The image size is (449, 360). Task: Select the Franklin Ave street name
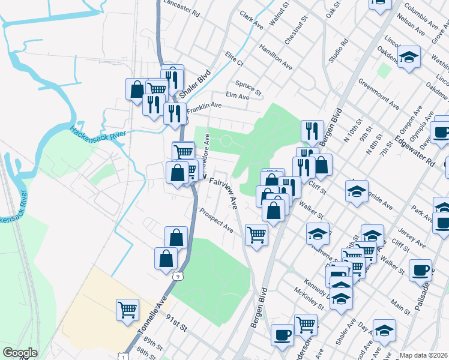click(x=204, y=108)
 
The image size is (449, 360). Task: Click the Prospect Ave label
click(x=216, y=220)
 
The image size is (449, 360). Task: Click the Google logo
click(x=20, y=353)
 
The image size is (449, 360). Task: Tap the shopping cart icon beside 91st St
click(x=127, y=310)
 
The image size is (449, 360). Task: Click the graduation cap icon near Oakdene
click(x=409, y=57)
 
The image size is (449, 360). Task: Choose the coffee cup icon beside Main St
click(x=420, y=270)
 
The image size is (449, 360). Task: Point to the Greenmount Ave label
click(x=379, y=94)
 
